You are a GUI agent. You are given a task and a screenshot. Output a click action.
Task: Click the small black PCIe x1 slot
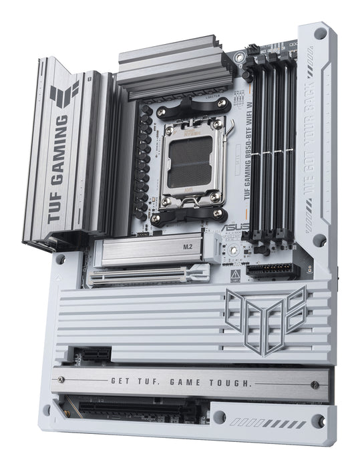tap(92, 354)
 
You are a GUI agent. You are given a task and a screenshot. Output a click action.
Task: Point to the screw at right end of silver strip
tap(315, 385)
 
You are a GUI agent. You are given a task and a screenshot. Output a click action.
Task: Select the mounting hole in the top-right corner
tap(320, 33)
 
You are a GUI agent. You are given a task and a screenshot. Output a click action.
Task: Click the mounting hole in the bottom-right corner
tap(319, 421)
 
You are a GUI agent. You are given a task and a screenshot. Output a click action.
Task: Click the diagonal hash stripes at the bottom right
tap(281, 425)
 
